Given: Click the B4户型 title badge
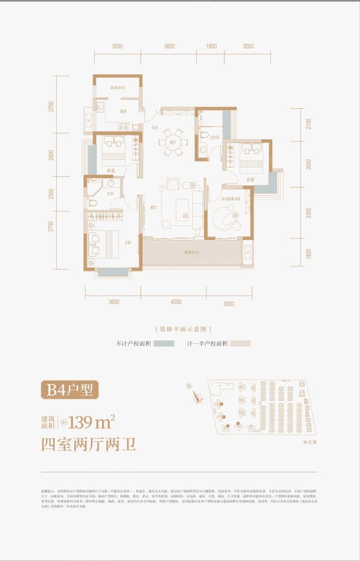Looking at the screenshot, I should [x=70, y=390].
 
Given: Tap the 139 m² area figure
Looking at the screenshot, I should [x=91, y=421].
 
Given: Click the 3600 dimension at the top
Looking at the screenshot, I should [x=170, y=47].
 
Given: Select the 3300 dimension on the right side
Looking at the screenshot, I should [x=308, y=213].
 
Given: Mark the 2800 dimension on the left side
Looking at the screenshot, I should [x=51, y=155].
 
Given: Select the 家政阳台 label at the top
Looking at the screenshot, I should [x=117, y=88].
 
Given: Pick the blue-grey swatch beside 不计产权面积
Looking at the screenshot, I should [x=163, y=344].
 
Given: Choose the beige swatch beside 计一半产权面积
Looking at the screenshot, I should [x=240, y=344].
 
